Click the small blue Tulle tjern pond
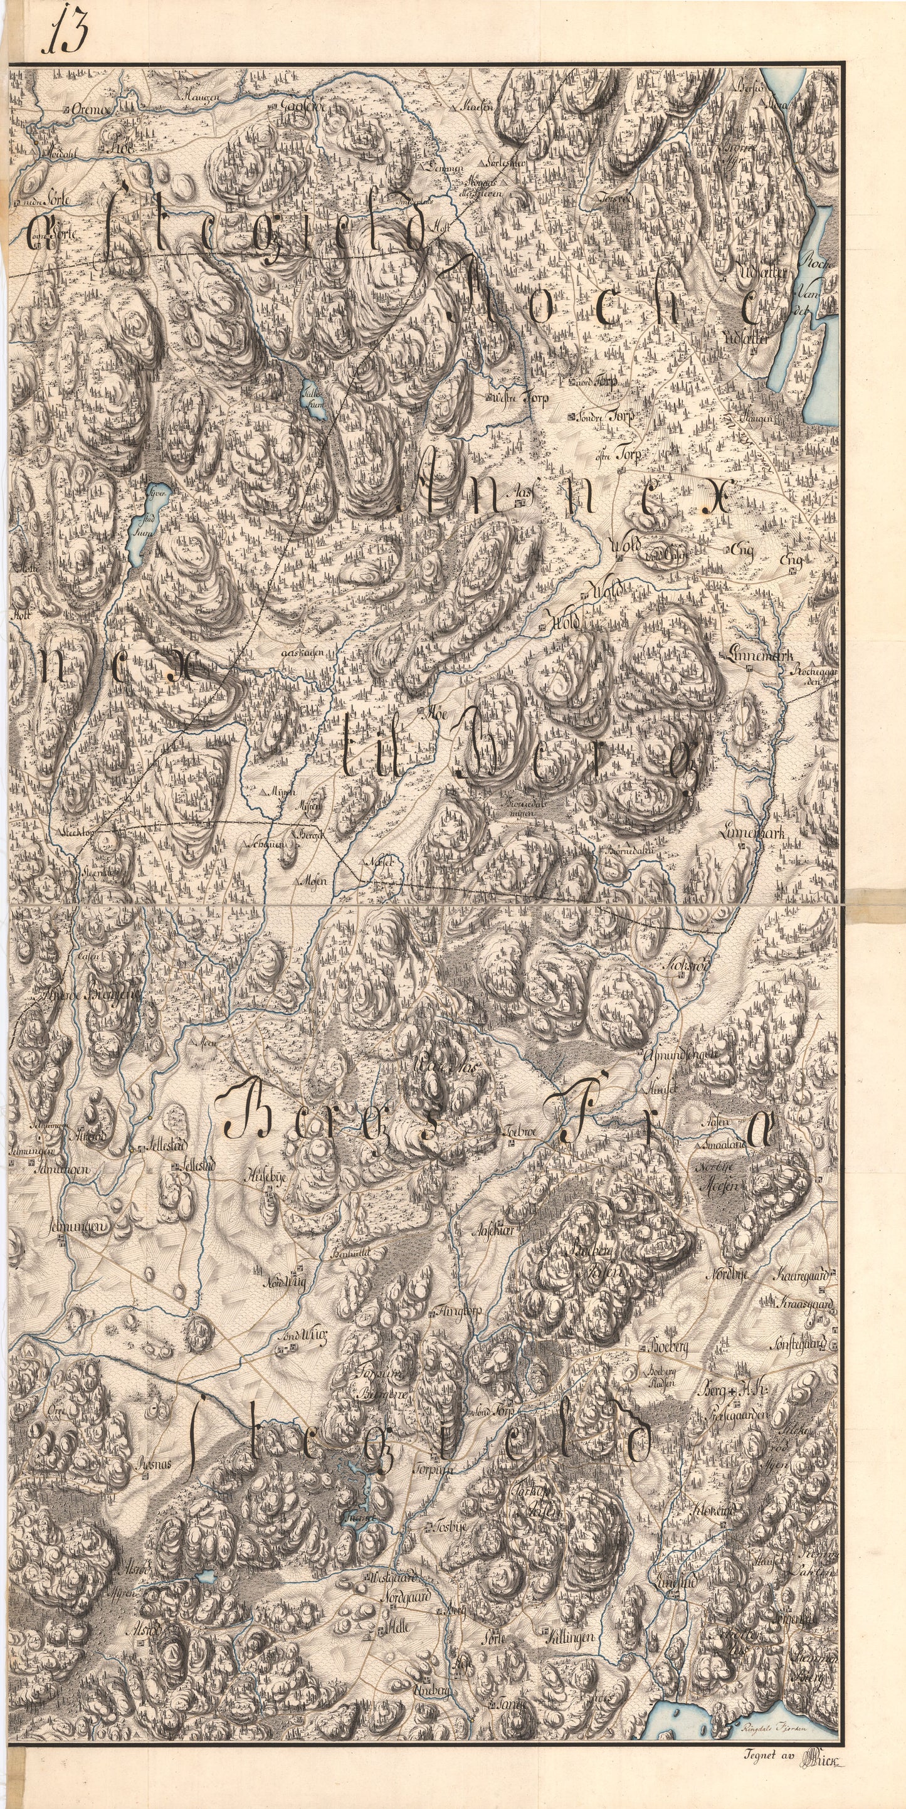pyautogui.click(x=312, y=401)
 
